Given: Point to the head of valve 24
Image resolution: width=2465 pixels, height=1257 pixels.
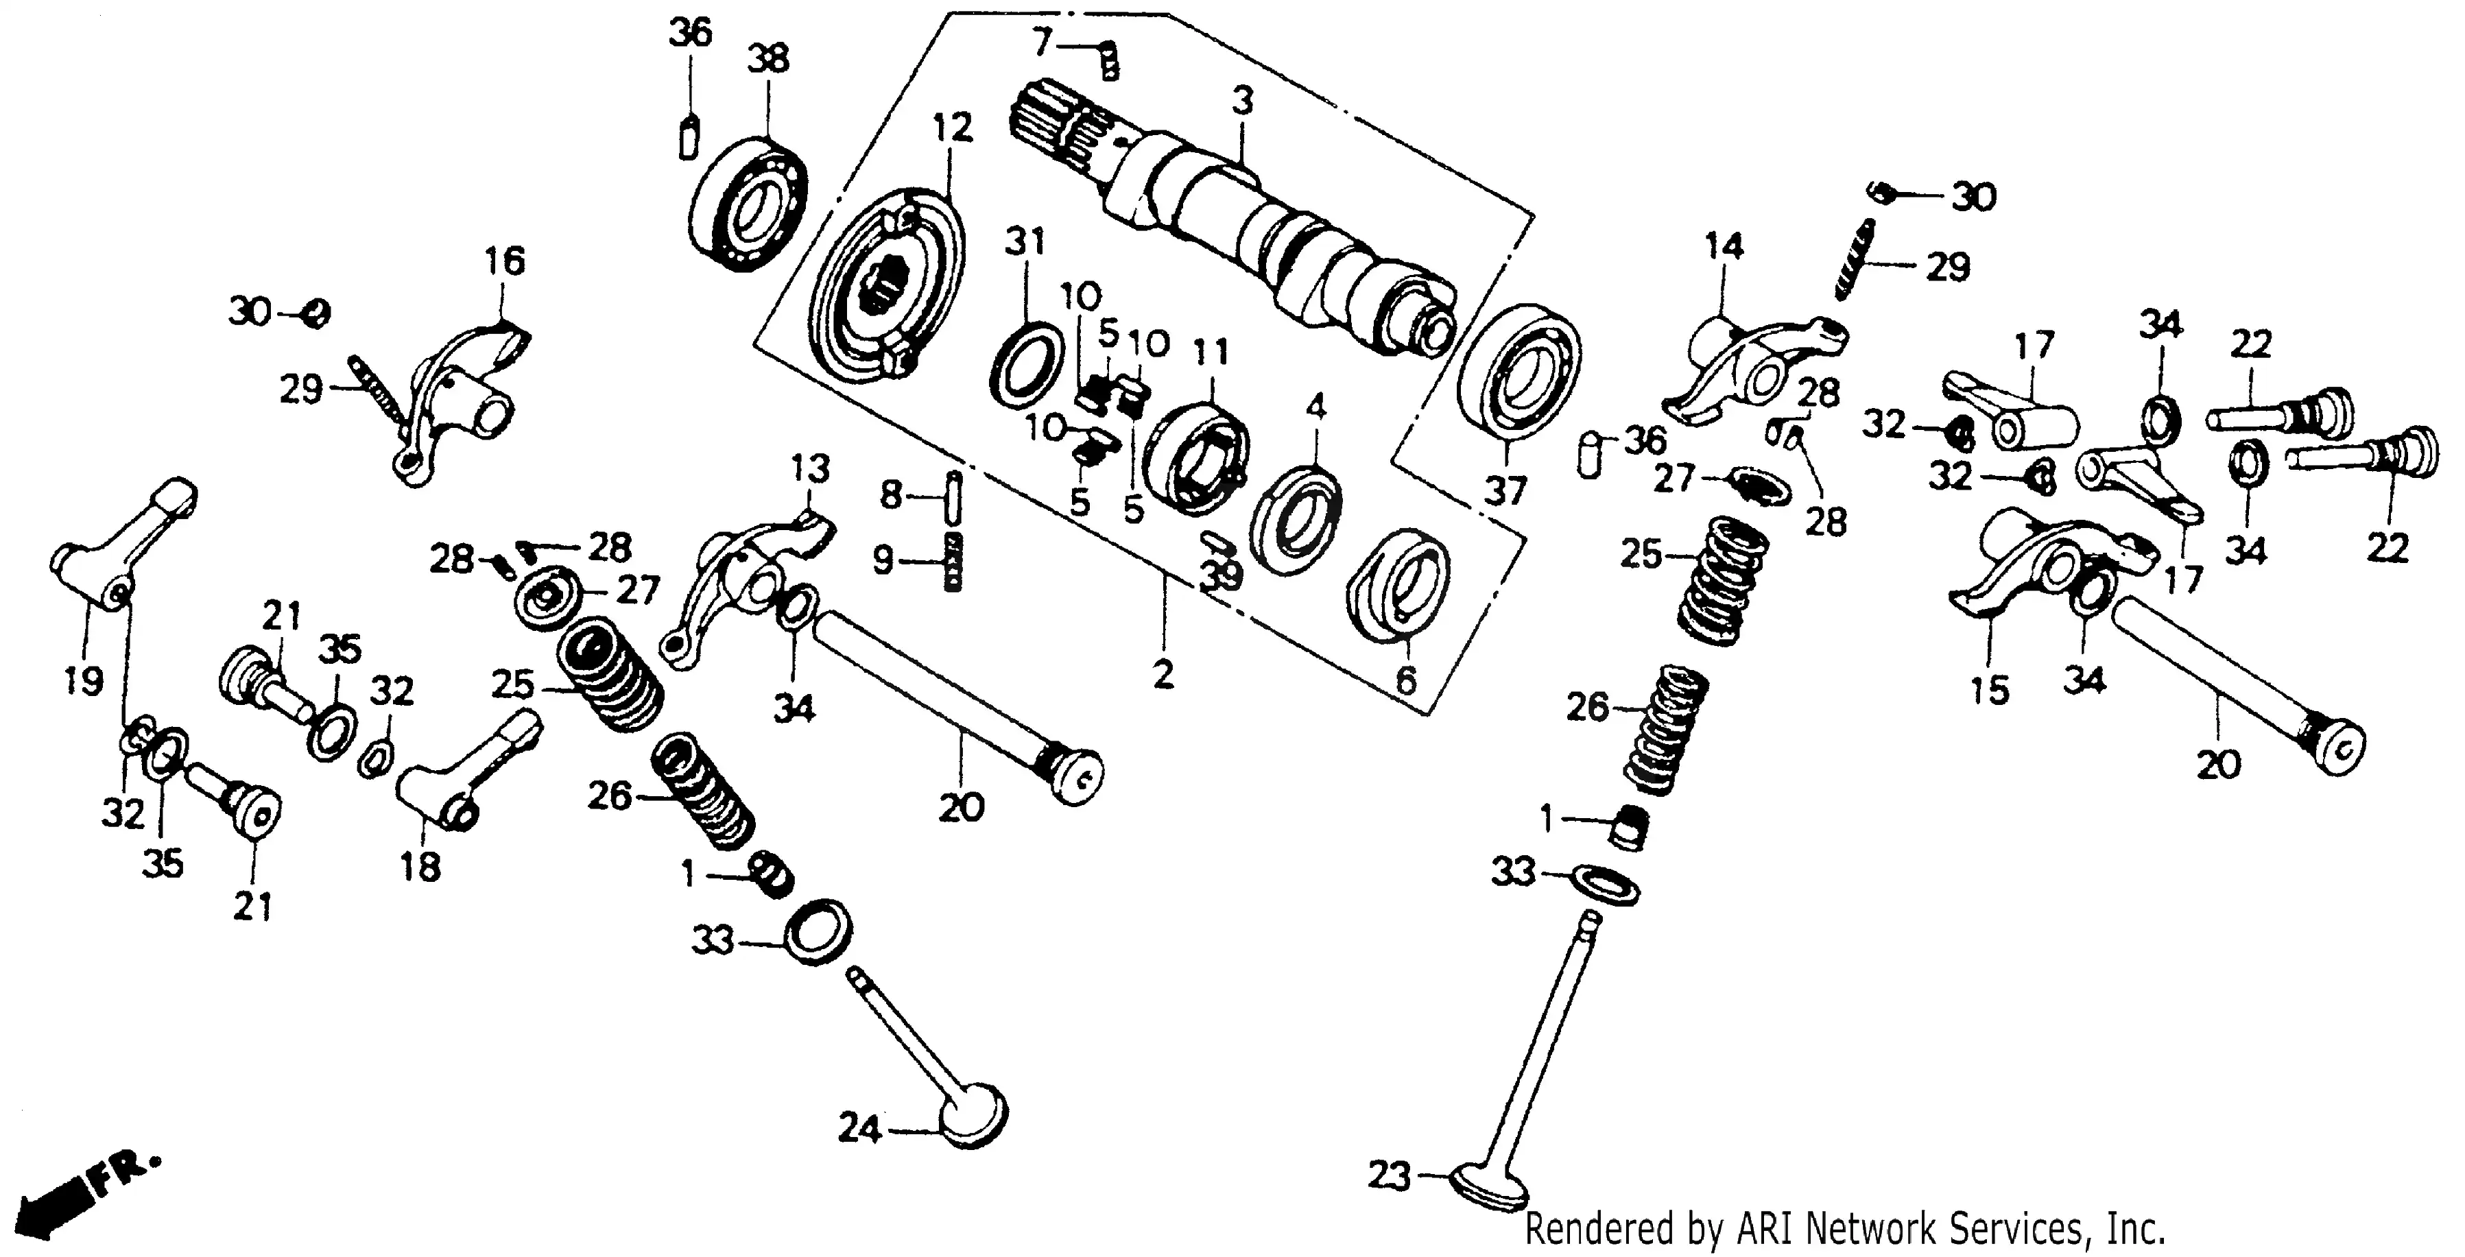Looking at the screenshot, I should pos(974,1114).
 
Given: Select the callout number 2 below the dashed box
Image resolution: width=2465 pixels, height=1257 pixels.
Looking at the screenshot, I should pos(1162,674).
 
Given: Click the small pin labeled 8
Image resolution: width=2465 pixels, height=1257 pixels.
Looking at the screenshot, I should pos(953,497).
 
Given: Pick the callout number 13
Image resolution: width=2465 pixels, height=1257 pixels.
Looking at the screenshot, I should pos(809,470).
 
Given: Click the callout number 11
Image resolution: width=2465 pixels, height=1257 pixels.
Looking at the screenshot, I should pos(1210,354).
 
